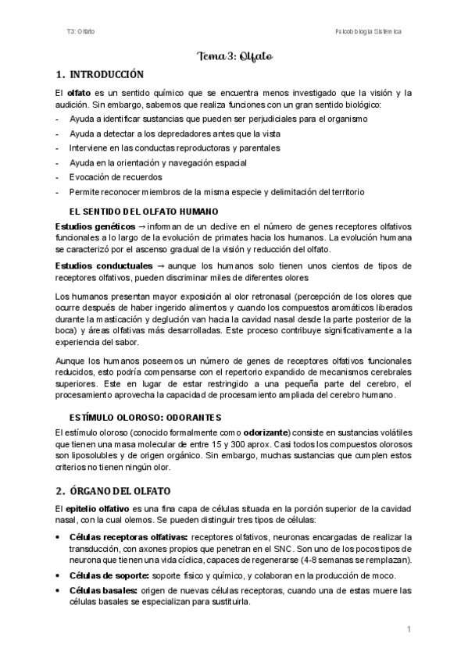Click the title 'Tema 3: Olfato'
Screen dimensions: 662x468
(234, 56)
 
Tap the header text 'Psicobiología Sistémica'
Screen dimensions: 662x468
(366, 31)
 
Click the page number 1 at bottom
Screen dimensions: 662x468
(409, 628)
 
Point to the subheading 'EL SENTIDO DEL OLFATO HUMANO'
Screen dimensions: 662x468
(144, 212)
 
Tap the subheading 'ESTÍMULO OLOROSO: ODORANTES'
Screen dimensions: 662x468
(145, 416)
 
